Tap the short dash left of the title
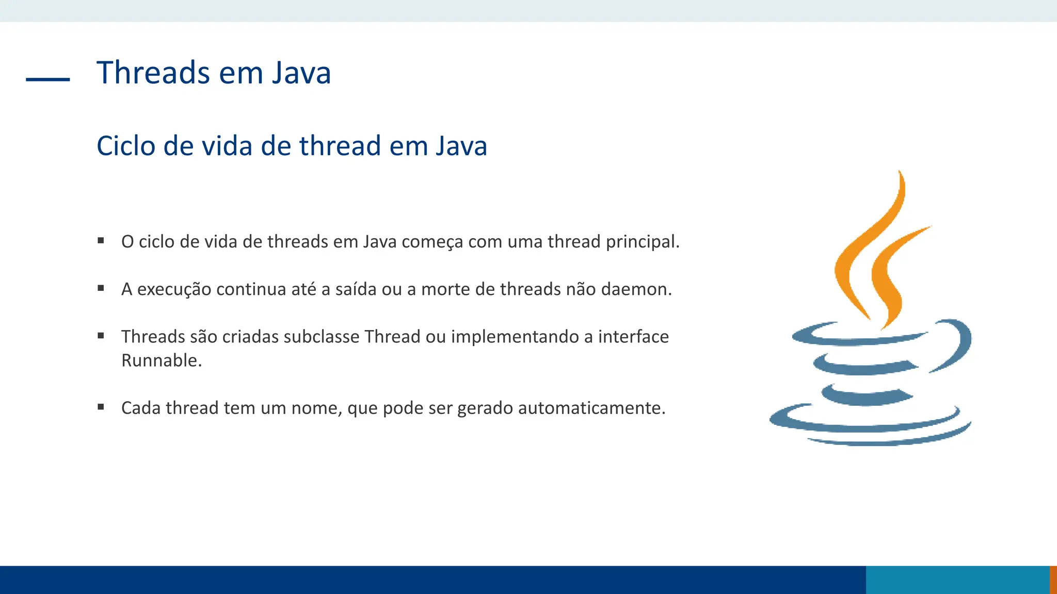coord(47,79)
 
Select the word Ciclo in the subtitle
coord(126,146)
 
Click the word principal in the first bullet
coord(642,242)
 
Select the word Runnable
coord(161,360)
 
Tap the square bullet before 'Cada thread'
coord(101,407)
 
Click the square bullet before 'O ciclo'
coord(101,241)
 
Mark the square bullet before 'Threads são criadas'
coord(101,336)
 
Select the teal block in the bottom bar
coord(957,580)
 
